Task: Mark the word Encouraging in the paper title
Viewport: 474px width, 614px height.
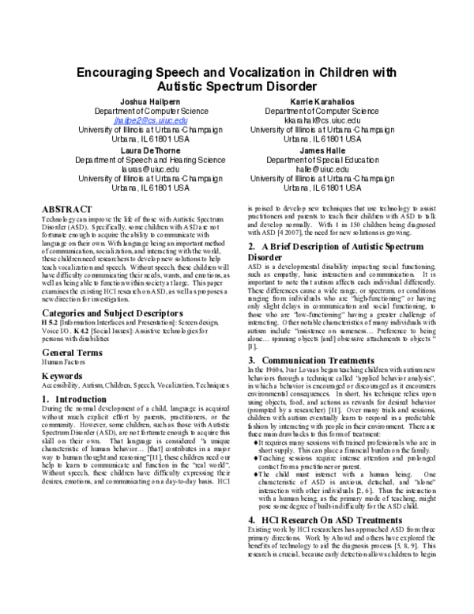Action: point(124,72)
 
